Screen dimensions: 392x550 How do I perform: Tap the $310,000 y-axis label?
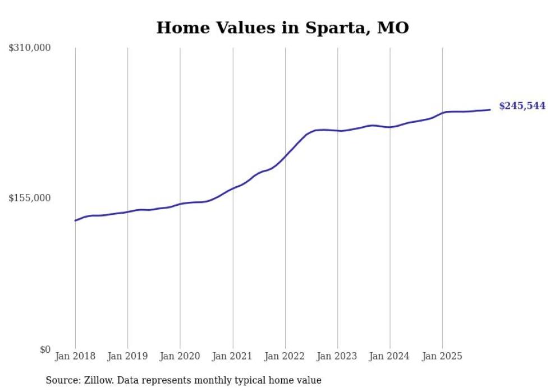pyautogui.click(x=30, y=48)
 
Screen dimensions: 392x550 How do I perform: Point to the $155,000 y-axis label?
pyautogui.click(x=30, y=198)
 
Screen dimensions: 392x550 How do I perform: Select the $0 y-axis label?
pyautogui.click(x=45, y=349)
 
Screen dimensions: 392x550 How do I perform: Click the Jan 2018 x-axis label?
pyautogui.click(x=75, y=356)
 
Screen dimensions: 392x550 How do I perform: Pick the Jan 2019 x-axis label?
pyautogui.click(x=127, y=356)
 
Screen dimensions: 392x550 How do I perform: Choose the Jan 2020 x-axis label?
pyautogui.click(x=180, y=356)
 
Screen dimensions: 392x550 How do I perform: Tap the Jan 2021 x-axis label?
pyautogui.click(x=232, y=356)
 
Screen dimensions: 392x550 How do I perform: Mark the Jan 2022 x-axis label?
pyautogui.click(x=285, y=356)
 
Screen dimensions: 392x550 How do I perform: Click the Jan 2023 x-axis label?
pyautogui.click(x=337, y=356)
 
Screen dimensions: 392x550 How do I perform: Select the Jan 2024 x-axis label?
pyautogui.click(x=389, y=356)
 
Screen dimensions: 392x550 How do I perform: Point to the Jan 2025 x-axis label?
pyautogui.click(x=442, y=356)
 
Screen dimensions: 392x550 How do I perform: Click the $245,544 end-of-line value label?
pyautogui.click(x=522, y=106)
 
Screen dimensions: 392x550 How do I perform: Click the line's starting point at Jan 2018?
pyautogui.click(x=75, y=220)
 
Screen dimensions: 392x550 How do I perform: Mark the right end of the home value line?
pyautogui.click(x=490, y=109)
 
